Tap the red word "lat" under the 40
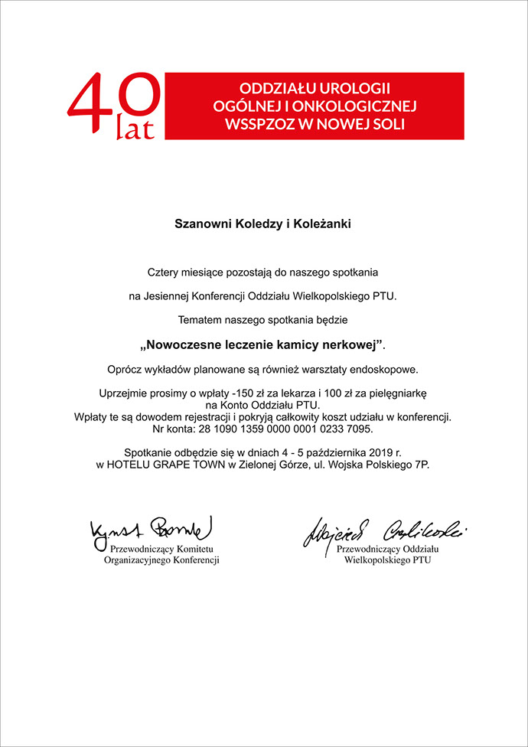coord(135,129)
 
